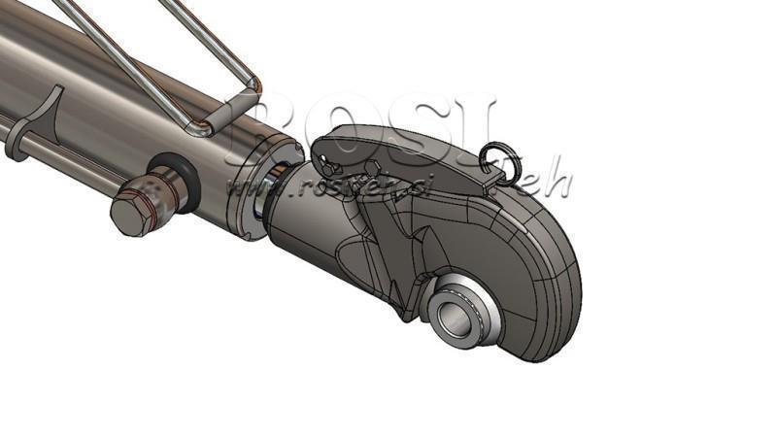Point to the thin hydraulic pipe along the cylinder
(68, 155)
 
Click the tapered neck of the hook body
(301, 223)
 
